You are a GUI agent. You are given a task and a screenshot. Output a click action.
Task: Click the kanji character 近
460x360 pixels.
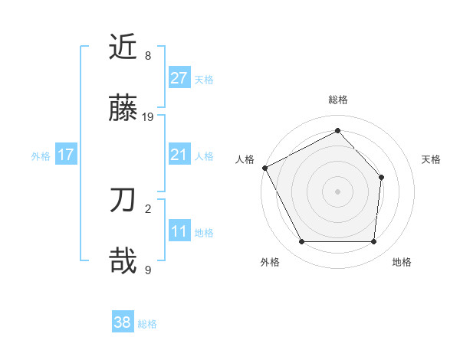(x=124, y=47)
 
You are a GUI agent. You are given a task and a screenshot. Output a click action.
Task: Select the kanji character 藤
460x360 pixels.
(x=124, y=110)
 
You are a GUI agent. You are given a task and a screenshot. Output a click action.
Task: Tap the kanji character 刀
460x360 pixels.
(x=124, y=201)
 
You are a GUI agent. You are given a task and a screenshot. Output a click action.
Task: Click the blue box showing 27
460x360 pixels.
(x=179, y=77)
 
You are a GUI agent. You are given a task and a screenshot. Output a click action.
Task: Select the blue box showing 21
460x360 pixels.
(x=179, y=155)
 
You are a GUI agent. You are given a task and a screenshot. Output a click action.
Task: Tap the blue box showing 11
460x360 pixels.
(x=179, y=231)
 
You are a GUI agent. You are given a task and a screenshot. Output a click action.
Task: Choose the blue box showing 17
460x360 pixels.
(x=66, y=155)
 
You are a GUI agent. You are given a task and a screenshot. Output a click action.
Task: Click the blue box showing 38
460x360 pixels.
(x=123, y=322)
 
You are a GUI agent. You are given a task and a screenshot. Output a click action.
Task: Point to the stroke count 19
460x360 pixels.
(x=148, y=117)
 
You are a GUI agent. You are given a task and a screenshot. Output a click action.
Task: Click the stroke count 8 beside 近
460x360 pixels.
(x=148, y=55)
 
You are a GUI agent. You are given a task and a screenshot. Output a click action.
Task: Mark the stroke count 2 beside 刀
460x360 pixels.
(x=148, y=208)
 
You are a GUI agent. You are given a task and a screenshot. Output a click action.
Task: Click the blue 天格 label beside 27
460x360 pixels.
(x=204, y=79)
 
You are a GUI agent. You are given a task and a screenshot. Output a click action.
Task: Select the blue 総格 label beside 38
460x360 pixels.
(x=147, y=324)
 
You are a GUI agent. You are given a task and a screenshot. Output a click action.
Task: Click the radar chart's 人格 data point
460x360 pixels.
(x=264, y=168)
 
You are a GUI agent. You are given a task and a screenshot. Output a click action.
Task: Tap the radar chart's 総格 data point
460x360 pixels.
(x=337, y=131)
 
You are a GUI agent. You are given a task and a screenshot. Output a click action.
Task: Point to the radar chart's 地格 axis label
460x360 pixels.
(x=402, y=263)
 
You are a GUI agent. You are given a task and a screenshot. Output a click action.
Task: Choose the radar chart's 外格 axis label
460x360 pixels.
(x=270, y=263)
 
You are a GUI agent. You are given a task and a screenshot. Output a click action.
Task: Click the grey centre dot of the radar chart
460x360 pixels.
(x=337, y=191)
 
